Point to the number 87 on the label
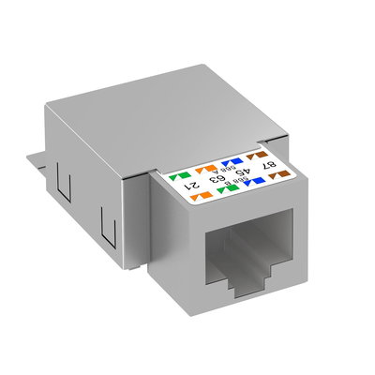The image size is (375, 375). pos(268,165)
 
